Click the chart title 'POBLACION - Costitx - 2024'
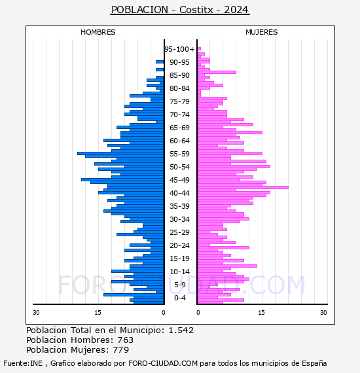(x=180, y=10)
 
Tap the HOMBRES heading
(x=98, y=32)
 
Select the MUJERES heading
(x=262, y=32)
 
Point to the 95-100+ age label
(x=179, y=49)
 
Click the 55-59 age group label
(x=179, y=154)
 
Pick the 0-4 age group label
(x=180, y=298)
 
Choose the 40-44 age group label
(x=179, y=193)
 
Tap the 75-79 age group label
(x=179, y=101)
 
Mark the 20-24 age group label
(x=179, y=245)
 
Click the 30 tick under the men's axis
(x=36, y=312)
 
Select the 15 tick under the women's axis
(x=261, y=312)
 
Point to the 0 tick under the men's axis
(x=163, y=312)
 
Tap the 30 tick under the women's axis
(x=323, y=312)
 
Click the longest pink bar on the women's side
(x=243, y=187)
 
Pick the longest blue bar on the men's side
(x=120, y=153)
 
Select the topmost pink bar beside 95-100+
(x=199, y=49)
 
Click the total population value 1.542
(x=181, y=330)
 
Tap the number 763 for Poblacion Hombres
(x=126, y=340)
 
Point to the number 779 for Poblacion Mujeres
(x=121, y=349)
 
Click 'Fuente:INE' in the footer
(x=23, y=363)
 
